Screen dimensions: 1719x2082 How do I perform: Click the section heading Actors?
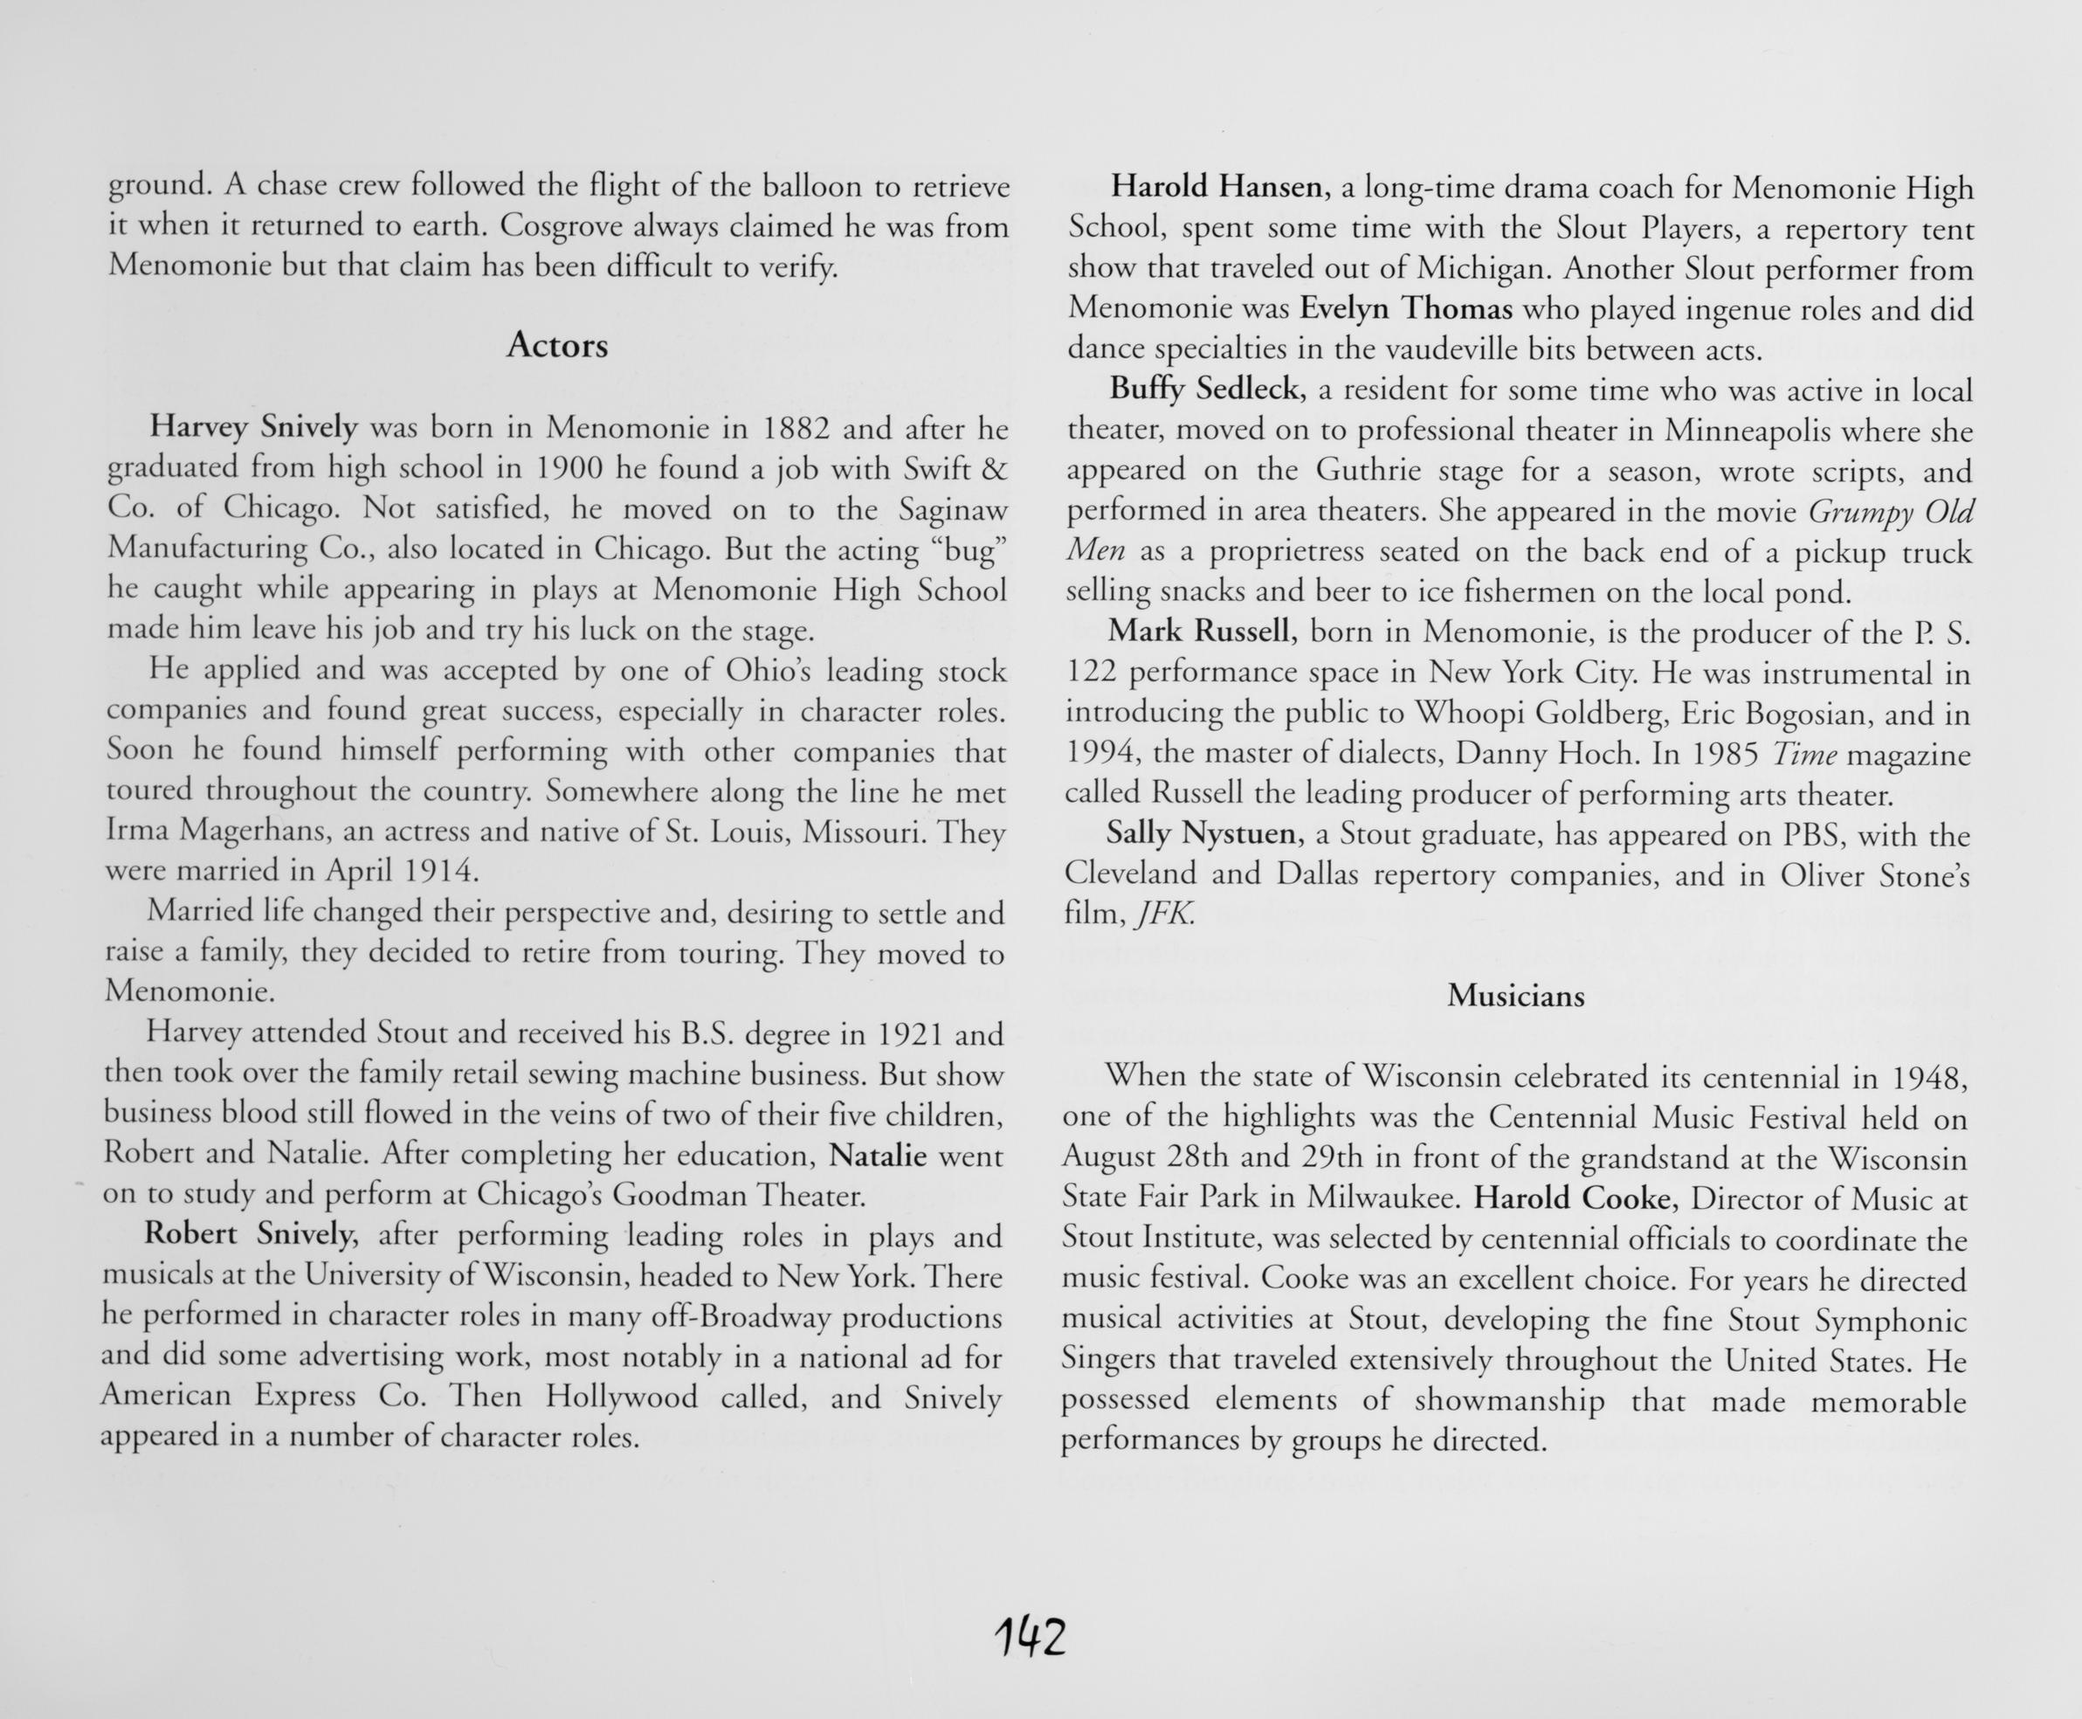point(556,346)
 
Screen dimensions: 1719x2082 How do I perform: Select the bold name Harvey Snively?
point(252,427)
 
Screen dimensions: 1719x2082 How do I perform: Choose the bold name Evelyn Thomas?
point(1406,309)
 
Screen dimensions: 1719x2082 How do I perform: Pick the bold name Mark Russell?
point(1201,631)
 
